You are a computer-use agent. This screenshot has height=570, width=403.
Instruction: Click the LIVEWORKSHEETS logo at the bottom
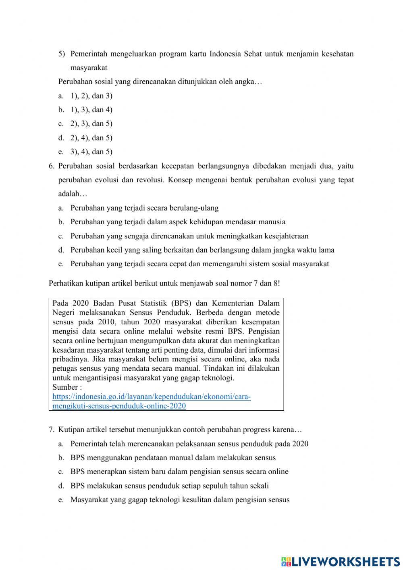pyautogui.click(x=341, y=561)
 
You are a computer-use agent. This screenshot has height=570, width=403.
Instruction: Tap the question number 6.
pyautogui.click(x=51, y=166)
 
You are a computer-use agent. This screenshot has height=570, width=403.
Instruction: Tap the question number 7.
pyautogui.click(x=51, y=430)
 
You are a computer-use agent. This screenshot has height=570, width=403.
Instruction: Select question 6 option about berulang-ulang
pyautogui.click(x=144, y=208)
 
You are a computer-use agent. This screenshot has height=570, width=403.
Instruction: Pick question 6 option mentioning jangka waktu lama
pyautogui.click(x=202, y=250)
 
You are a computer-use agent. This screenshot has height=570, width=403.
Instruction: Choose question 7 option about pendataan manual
pyautogui.click(x=173, y=458)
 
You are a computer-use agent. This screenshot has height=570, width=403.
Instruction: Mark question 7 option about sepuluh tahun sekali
pyautogui.click(x=169, y=486)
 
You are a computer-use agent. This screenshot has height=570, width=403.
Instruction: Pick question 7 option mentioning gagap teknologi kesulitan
pyautogui.click(x=180, y=500)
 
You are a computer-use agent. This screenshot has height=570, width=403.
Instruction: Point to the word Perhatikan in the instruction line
pyautogui.click(x=66, y=283)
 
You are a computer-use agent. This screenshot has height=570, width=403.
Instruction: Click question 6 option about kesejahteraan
pyautogui.click(x=189, y=236)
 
